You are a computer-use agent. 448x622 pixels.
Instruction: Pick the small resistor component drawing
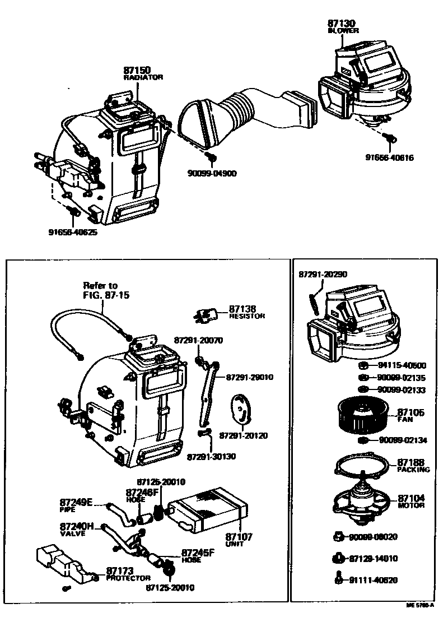tap(206, 315)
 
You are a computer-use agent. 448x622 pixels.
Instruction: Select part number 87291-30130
tap(211, 456)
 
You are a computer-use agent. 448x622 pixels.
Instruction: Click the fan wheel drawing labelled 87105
tap(358, 415)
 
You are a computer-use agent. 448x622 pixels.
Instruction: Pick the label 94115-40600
tap(401, 365)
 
